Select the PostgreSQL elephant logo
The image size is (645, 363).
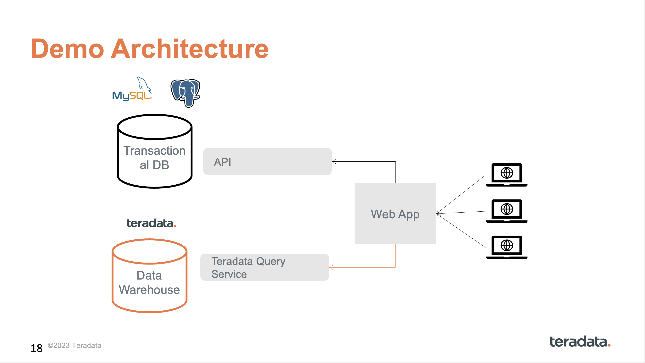click(x=185, y=93)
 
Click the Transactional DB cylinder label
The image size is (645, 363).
click(x=154, y=158)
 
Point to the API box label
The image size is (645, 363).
click(x=222, y=162)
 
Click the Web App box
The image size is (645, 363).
click(x=395, y=214)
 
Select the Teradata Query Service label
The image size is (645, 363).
click(x=248, y=268)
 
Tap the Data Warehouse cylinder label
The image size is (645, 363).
click(x=149, y=282)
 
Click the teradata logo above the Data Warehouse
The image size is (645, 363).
click(x=151, y=223)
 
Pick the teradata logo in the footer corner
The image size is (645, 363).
click(x=580, y=341)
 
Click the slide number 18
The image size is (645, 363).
click(x=37, y=348)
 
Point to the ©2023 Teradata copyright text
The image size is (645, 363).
click(x=74, y=345)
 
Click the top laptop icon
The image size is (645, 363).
click(x=507, y=175)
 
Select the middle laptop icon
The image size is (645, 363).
click(x=507, y=211)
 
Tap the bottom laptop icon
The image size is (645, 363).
click(x=507, y=247)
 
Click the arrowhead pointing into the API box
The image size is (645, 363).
click(x=334, y=161)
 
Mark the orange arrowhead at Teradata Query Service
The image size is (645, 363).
click(x=331, y=268)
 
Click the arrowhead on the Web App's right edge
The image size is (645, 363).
click(x=438, y=214)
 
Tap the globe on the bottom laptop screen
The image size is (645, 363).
click(x=507, y=245)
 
